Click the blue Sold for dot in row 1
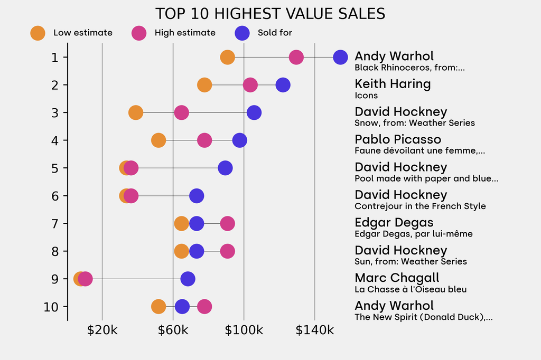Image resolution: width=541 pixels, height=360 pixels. tap(341, 57)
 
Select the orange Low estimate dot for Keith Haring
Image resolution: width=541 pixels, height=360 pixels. tap(204, 85)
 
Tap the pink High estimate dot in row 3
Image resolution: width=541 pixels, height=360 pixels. tap(181, 112)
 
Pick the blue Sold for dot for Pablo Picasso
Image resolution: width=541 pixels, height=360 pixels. tap(240, 140)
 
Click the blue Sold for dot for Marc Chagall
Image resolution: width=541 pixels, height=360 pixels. tap(188, 279)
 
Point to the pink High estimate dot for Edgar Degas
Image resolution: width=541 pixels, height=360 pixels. tap(227, 223)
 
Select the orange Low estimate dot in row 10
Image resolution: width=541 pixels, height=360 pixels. tap(158, 307)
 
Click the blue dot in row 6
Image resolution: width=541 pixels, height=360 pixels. tap(197, 196)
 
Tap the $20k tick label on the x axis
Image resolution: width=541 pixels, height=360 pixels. tap(102, 330)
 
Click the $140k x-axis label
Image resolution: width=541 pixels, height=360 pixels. tap(315, 330)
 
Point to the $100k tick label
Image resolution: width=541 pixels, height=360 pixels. tap(244, 330)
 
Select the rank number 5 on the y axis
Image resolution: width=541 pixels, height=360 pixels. tap(54, 168)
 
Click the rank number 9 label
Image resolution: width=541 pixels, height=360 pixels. tap(54, 279)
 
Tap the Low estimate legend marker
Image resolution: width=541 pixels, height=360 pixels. tap(38, 33)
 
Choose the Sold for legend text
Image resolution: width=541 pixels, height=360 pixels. tap(275, 33)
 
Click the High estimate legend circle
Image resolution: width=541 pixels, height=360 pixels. tap(139, 33)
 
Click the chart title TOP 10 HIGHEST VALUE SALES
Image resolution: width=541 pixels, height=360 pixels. tap(270, 14)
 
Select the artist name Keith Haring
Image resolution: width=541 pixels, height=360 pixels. tap(393, 84)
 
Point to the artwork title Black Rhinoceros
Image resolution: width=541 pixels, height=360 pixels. tap(409, 68)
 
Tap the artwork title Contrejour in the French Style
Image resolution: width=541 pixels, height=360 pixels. tap(420, 206)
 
